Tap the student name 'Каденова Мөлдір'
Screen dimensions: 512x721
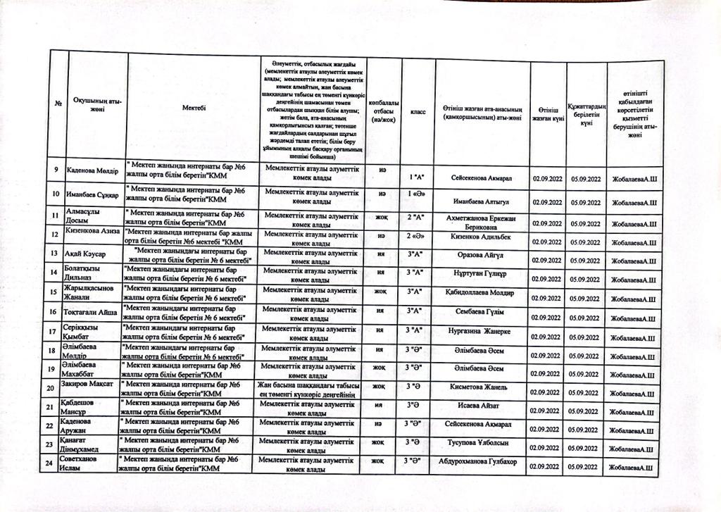coord(92,171)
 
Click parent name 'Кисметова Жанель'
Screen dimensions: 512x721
coord(479,387)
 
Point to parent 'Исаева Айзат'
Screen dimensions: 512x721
coord(478,406)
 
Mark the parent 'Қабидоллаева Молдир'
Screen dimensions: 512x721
coord(479,292)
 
